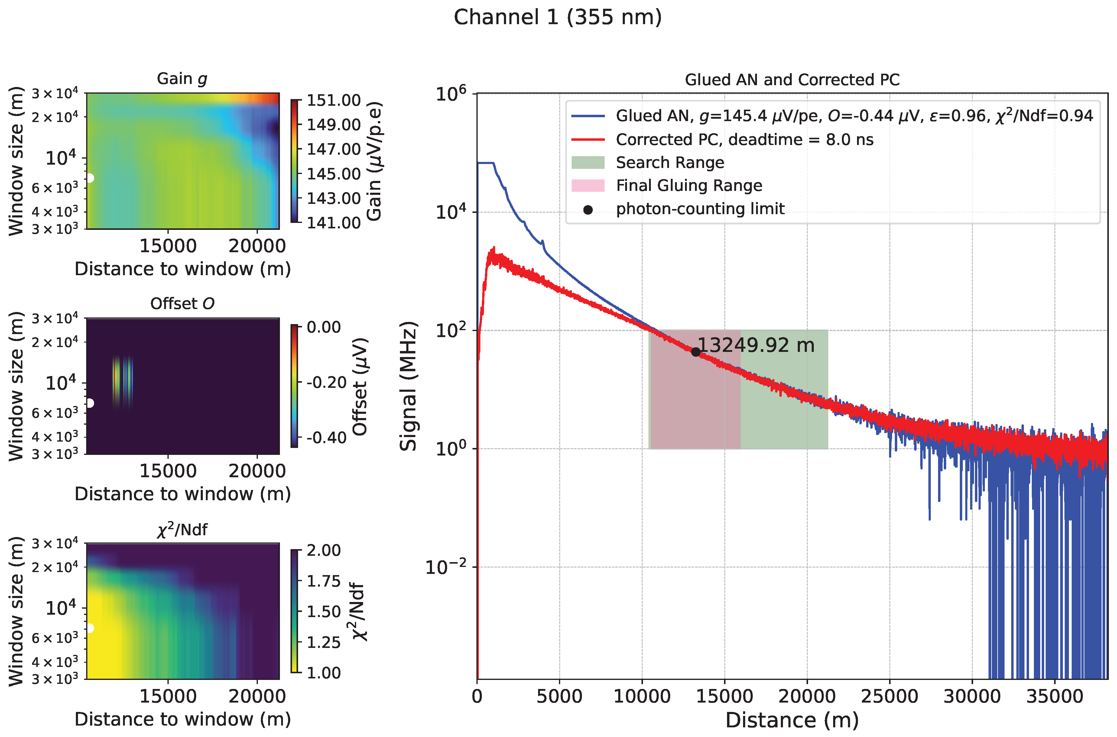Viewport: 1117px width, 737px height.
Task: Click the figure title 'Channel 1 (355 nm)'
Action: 558,18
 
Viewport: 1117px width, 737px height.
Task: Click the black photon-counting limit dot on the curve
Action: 696,352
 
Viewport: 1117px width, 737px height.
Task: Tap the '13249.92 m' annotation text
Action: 756,346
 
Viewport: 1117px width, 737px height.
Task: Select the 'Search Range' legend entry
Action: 670,163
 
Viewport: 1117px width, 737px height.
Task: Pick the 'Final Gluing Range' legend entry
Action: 689,186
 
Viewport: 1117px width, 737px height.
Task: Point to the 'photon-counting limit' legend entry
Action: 700,209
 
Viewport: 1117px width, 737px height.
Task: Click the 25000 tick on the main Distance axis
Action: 889,697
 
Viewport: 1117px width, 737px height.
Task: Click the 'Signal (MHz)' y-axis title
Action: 408,386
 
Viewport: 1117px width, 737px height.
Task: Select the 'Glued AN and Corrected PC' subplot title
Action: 792,80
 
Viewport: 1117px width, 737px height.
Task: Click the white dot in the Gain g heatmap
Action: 89,178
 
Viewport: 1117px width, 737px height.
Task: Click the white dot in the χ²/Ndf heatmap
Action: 89,629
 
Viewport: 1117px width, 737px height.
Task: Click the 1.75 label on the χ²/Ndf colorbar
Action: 323,581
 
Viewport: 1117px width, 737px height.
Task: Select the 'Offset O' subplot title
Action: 182,304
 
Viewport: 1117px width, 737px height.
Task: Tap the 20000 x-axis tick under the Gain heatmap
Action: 257,246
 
